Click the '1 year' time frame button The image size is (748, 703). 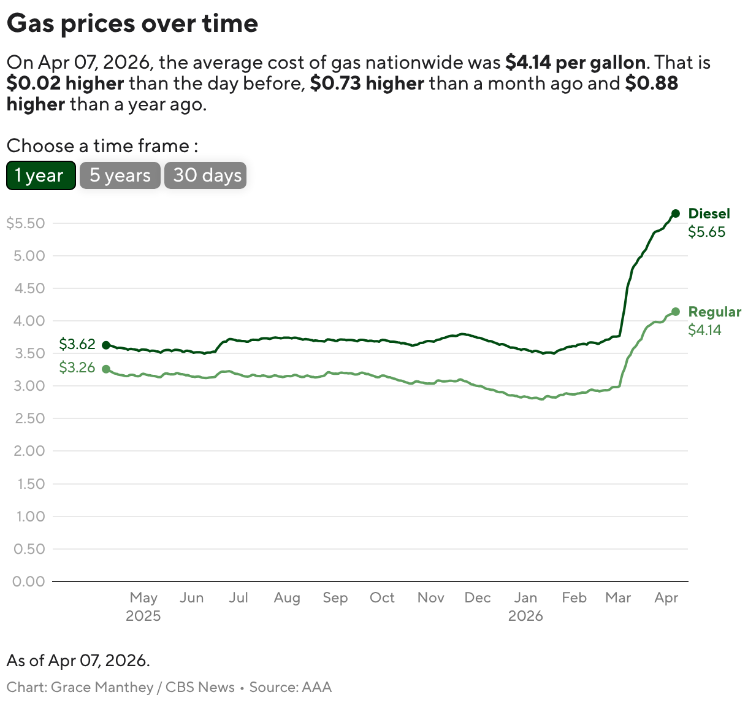(x=40, y=175)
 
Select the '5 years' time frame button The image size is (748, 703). (x=120, y=175)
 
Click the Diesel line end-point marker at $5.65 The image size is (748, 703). (x=675, y=213)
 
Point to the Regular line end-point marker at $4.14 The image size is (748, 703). (x=675, y=312)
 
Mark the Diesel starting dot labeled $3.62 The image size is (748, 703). (x=106, y=345)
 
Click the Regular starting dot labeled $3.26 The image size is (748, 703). (x=106, y=369)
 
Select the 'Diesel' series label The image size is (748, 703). (x=709, y=213)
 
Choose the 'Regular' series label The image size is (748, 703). (x=714, y=312)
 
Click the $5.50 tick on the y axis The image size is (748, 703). (x=26, y=223)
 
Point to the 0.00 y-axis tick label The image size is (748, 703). (x=29, y=581)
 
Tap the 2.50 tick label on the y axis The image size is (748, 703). (x=29, y=418)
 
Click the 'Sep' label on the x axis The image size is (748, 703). (x=335, y=597)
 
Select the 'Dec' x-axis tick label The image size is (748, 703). (x=477, y=597)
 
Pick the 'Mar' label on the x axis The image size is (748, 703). (x=617, y=597)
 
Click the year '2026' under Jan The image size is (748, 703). (x=525, y=616)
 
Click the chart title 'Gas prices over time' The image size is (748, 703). (x=132, y=23)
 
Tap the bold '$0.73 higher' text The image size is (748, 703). (x=367, y=83)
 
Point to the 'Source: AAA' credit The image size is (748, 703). (x=290, y=687)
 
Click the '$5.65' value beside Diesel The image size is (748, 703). (x=706, y=232)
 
